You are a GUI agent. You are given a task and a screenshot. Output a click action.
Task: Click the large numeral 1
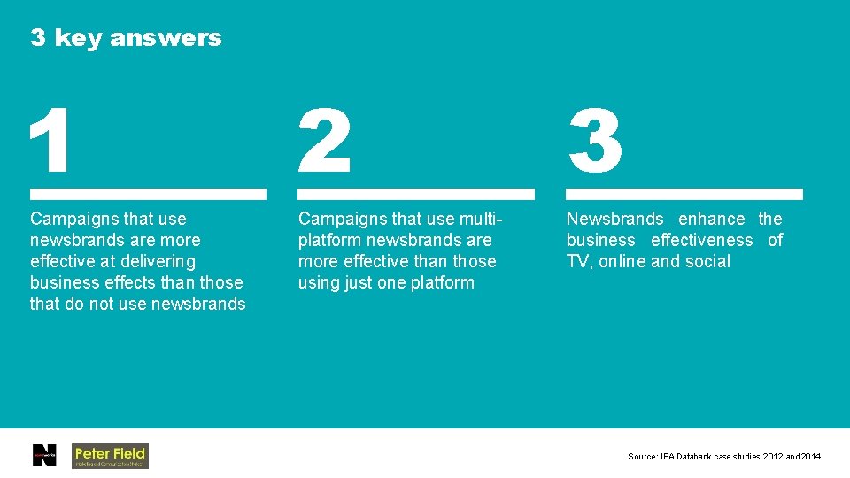(50, 142)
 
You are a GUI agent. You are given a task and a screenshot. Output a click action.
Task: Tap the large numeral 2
(324, 142)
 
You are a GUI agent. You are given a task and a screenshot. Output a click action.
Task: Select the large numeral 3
(595, 142)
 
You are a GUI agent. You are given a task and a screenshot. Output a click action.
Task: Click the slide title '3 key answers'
(126, 38)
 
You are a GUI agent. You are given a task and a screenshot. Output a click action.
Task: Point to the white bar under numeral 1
(148, 193)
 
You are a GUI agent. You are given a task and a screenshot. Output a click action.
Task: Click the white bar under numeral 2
(416, 193)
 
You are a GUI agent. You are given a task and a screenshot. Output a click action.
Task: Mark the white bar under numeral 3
(684, 193)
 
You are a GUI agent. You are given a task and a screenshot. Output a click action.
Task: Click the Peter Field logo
(110, 455)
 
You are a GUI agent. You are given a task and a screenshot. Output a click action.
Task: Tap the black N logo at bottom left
(44, 455)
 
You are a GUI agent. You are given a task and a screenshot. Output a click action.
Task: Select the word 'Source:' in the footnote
(642, 457)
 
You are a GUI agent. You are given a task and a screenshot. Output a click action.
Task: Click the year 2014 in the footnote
(811, 457)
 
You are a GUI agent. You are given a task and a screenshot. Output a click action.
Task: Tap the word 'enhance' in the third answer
(711, 219)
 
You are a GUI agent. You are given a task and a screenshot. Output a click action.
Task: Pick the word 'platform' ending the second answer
(442, 282)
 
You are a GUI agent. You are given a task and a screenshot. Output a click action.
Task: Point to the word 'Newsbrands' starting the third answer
(614, 219)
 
